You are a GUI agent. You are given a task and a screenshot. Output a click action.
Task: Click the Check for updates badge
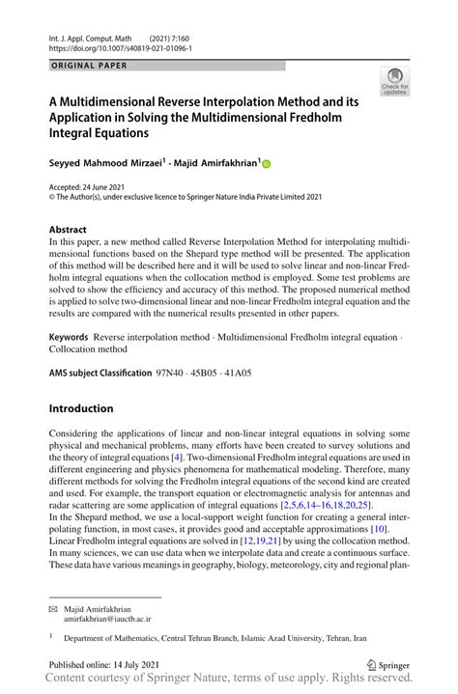tap(394, 81)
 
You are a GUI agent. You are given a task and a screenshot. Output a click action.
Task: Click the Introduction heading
tap(81, 408)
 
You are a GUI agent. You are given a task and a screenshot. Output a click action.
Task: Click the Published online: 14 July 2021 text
tap(108, 664)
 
